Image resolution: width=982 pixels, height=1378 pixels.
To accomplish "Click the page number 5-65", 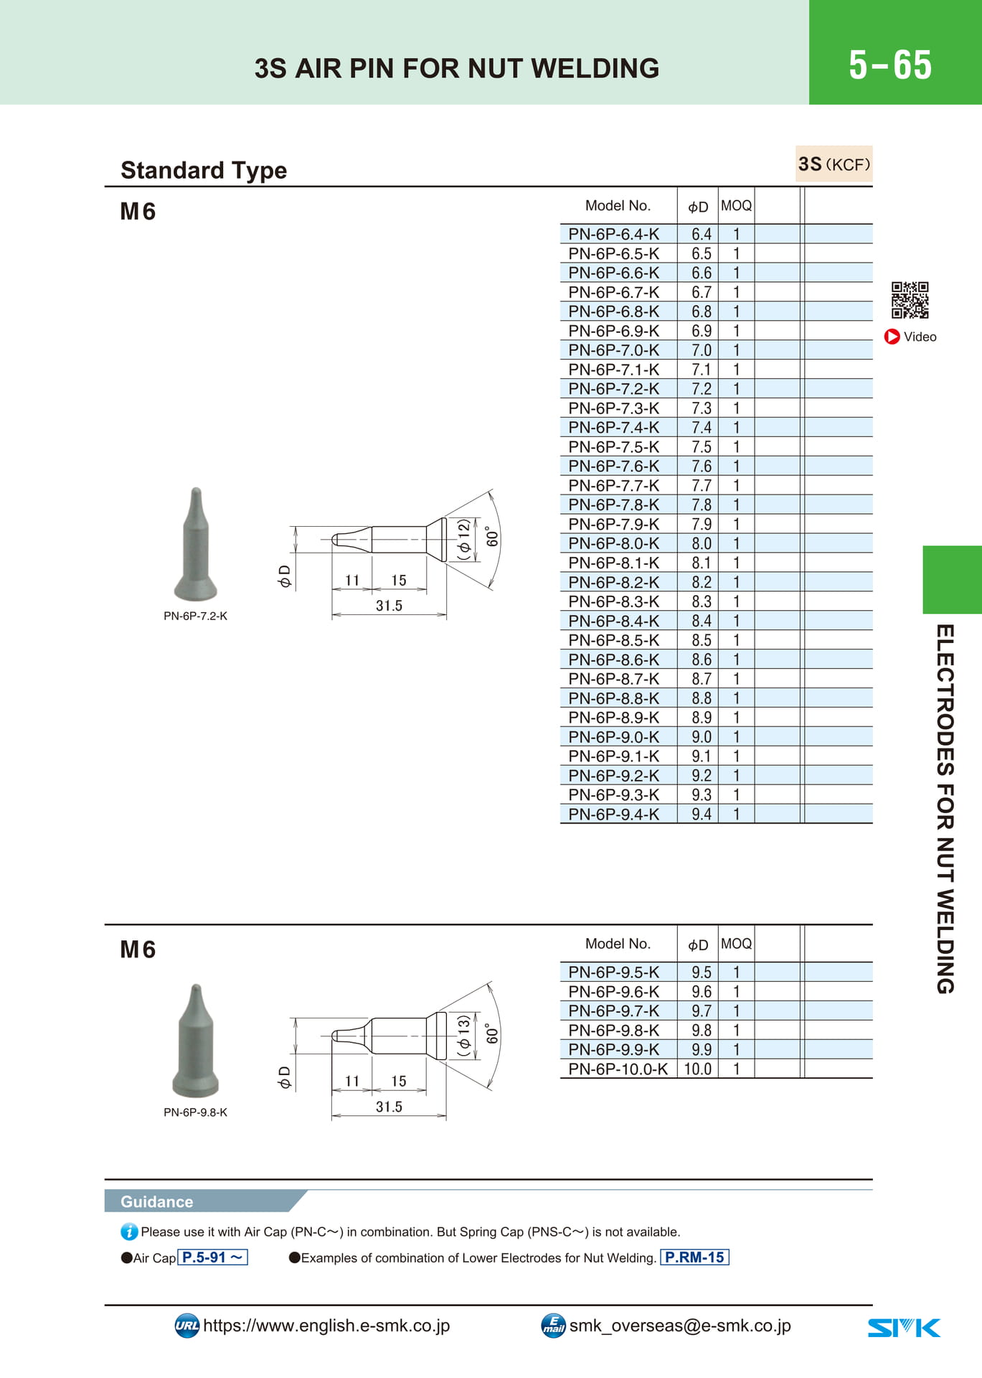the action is tap(890, 65).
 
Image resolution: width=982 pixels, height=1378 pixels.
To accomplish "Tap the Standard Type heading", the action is tap(204, 170).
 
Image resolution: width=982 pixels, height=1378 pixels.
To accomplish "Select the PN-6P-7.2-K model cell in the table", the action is tap(613, 389).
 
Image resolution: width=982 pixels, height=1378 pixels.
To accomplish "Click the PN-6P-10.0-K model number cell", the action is tap(618, 1069).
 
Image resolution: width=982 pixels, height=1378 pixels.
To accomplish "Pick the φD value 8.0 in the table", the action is tap(702, 543).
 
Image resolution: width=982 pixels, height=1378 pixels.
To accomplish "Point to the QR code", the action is tap(910, 300).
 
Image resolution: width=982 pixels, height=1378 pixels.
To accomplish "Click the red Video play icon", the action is tap(892, 337).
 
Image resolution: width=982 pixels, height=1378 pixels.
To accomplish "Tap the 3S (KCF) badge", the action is tap(834, 164).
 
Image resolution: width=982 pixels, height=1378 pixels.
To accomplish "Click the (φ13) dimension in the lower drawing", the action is tap(464, 1036).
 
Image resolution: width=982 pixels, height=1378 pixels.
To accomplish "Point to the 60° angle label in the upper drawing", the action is tap(492, 537).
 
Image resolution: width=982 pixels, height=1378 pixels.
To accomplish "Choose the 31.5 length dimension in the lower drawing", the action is tap(389, 1107).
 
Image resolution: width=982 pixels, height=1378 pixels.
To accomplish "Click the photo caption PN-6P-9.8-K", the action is tap(195, 1112).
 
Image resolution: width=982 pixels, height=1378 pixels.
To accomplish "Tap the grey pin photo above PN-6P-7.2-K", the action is tap(196, 544).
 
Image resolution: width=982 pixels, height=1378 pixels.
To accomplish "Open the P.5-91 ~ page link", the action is tap(212, 1257).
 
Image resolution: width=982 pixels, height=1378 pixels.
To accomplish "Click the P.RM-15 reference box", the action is tap(694, 1257).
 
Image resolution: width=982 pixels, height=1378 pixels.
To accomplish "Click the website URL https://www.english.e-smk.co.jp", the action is tap(326, 1326).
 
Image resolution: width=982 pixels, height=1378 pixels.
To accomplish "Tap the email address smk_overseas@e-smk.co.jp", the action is tap(680, 1326).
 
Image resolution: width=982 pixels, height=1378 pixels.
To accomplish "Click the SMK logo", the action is tap(904, 1328).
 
